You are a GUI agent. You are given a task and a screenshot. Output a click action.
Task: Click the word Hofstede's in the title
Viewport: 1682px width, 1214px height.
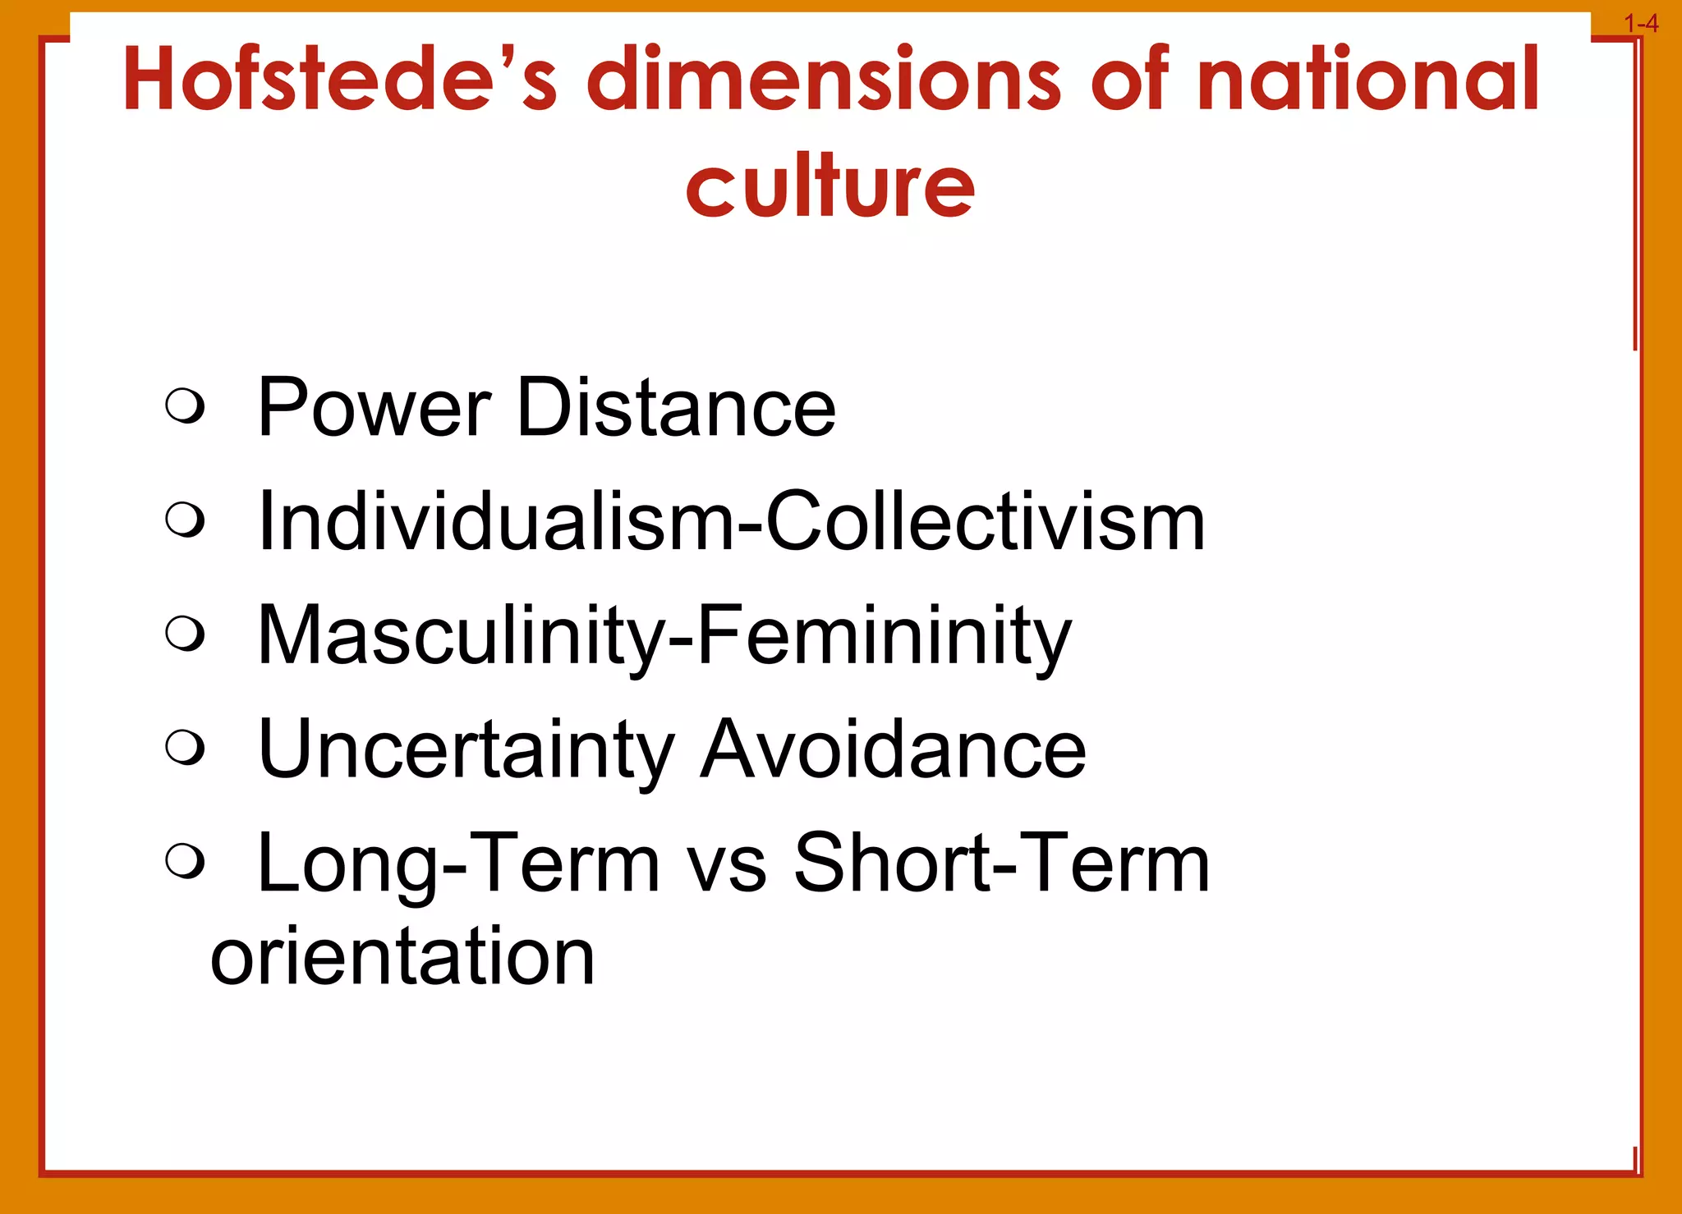(x=340, y=80)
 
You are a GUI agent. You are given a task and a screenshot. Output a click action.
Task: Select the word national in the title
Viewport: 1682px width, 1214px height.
(x=1367, y=80)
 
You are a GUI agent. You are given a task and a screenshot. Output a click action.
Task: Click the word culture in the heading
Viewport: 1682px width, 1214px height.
(x=830, y=187)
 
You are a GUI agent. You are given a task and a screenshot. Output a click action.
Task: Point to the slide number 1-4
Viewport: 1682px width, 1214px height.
(x=1641, y=24)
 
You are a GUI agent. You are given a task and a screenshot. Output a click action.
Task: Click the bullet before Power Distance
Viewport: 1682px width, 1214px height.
(x=184, y=405)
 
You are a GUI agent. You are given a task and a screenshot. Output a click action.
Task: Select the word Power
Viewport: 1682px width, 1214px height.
(x=374, y=408)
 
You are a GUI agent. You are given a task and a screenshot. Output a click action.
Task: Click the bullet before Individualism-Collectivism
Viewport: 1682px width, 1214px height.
(x=184, y=520)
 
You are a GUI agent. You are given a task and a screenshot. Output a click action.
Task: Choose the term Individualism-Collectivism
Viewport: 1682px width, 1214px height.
(x=731, y=522)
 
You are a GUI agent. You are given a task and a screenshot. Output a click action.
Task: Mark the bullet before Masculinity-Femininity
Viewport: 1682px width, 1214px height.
(x=184, y=634)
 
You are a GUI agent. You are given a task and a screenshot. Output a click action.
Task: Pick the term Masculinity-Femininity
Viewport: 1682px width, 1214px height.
(x=664, y=636)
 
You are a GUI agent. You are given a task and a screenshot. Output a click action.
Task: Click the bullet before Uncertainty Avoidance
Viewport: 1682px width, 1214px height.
(x=184, y=748)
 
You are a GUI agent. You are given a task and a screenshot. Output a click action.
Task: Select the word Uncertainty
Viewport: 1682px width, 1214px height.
(x=466, y=750)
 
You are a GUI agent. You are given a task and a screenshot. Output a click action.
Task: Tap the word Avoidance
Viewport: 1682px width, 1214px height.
(x=893, y=750)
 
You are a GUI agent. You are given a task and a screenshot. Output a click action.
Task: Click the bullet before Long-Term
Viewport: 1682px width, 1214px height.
(x=184, y=862)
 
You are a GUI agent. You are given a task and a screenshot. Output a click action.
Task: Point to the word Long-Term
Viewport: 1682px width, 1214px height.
(x=458, y=864)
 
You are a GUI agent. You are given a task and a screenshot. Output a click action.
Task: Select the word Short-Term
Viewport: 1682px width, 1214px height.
(x=1001, y=864)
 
